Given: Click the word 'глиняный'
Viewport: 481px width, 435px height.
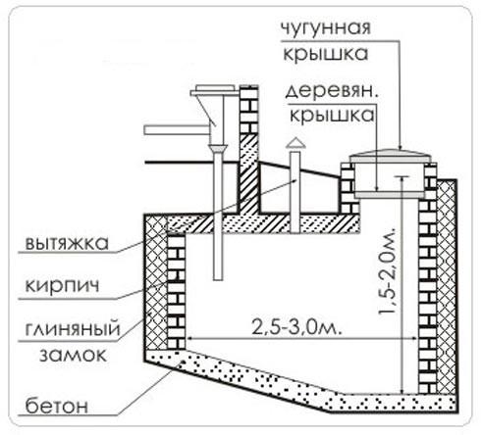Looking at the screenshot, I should [x=60, y=333].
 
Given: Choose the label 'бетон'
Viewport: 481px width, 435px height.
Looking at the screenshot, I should [x=46, y=402].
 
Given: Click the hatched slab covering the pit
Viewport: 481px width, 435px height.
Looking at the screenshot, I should [x=285, y=225].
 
